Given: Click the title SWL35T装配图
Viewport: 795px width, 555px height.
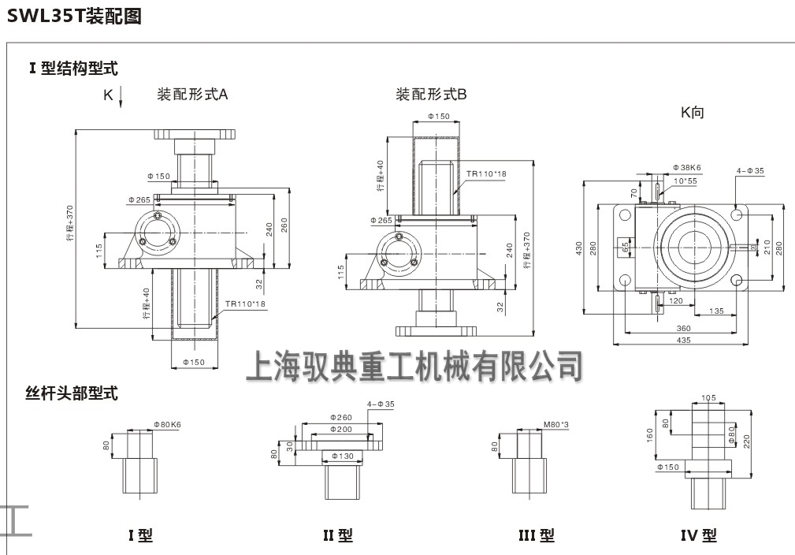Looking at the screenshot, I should point(75,16).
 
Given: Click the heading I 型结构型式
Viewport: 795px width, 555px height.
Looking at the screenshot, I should point(73,69).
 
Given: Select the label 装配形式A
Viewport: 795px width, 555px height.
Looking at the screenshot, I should point(192,95).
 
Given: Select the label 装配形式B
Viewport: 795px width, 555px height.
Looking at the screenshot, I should point(431,95).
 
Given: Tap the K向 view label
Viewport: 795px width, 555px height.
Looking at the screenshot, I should point(693,113).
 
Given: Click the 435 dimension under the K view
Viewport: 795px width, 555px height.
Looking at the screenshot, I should point(683,339).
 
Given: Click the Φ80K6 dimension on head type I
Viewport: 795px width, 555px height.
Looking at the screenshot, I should point(168,424).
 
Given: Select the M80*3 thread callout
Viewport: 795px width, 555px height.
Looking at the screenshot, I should point(556,424).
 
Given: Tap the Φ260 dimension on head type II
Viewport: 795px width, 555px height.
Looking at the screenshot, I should point(341,417).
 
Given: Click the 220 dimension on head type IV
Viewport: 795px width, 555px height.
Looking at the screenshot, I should point(747,442).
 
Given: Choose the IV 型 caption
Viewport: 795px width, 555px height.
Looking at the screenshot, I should point(698,535).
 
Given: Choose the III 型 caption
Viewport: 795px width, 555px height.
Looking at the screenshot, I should point(536,535).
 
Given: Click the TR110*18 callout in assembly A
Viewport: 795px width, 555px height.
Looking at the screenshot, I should point(245,303).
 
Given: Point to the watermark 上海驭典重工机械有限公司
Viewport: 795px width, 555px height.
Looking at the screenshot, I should point(414,365).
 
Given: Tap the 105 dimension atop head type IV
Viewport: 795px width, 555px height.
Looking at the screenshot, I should point(708,398).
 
